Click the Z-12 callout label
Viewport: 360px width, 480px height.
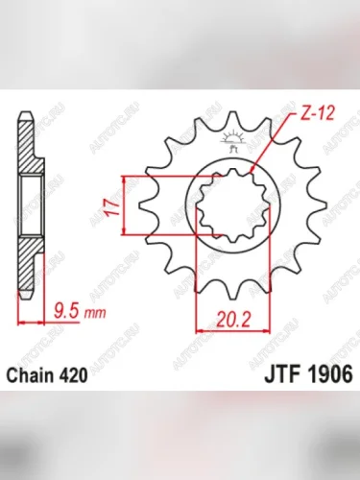pyautogui.click(x=317, y=113)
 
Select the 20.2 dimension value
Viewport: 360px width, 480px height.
pyautogui.click(x=233, y=319)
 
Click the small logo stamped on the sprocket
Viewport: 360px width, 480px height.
pyautogui.click(x=233, y=141)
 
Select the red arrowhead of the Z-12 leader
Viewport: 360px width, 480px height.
pyautogui.click(x=252, y=169)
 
